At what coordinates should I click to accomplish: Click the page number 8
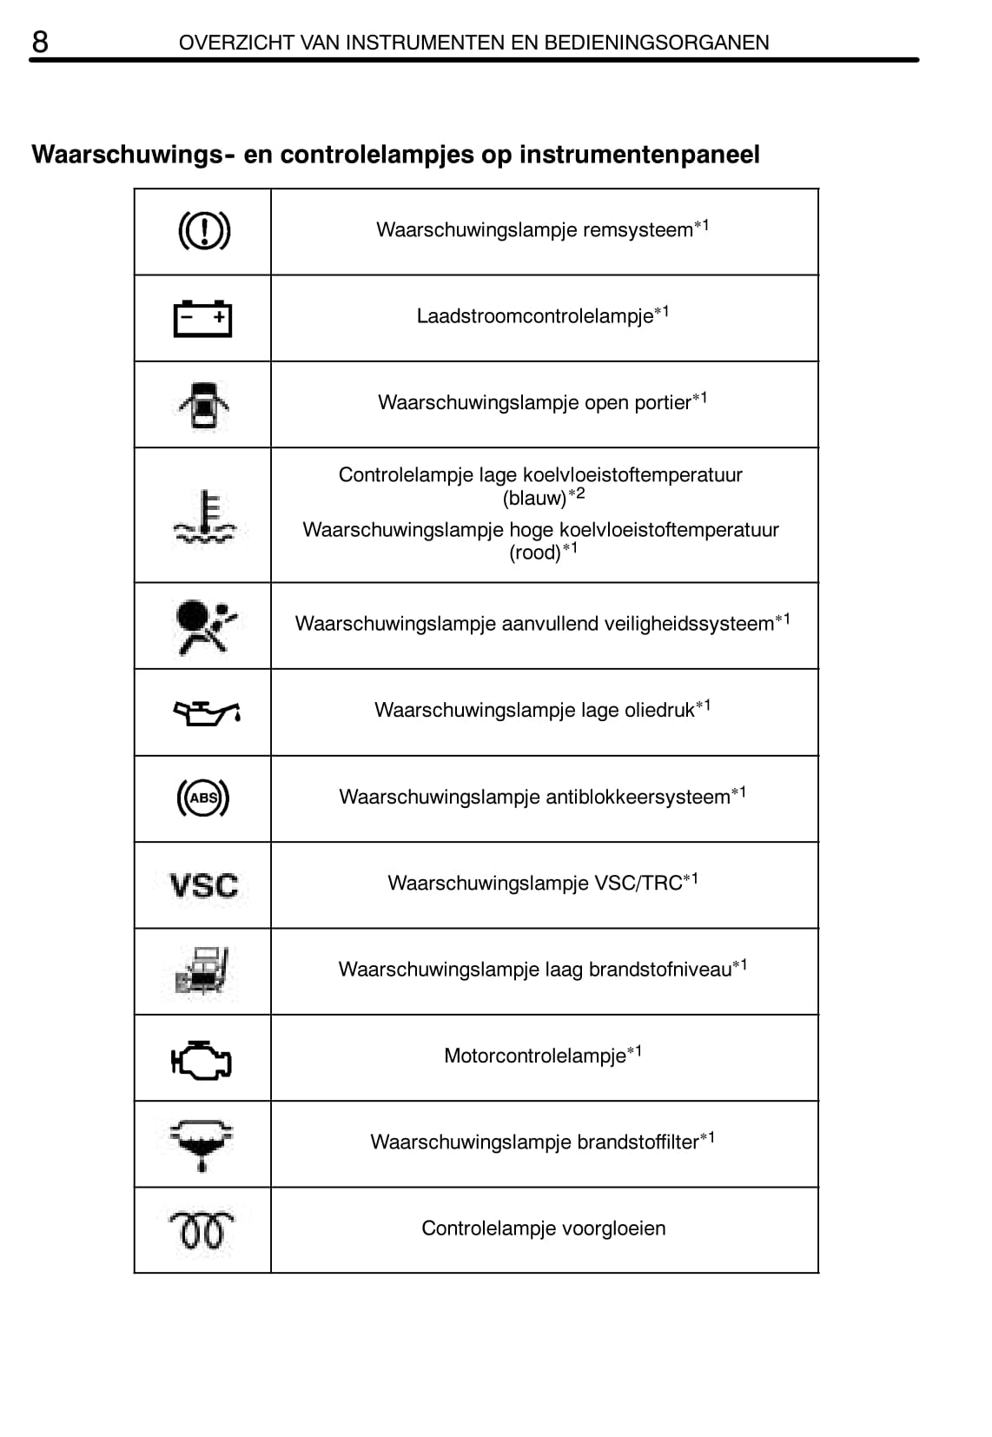coord(40,42)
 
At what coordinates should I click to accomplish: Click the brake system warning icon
coord(203,231)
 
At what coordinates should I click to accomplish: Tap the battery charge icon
coord(202,318)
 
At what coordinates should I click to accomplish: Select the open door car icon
coord(203,405)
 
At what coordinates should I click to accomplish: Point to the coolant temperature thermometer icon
coord(204,517)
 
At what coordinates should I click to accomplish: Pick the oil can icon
coord(206,712)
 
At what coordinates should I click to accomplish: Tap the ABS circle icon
coord(203,798)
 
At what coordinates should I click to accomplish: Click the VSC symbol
coord(203,886)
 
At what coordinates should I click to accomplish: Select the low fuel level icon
coord(202,971)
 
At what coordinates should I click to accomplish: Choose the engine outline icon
coord(202,1059)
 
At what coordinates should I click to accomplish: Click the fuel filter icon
coord(202,1143)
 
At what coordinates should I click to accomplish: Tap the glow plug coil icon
coord(202,1229)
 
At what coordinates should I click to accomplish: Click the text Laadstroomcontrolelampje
coord(534,316)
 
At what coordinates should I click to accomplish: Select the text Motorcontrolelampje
coord(534,1056)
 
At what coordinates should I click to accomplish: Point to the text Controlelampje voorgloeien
coord(544,1228)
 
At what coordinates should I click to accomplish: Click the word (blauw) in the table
coord(534,499)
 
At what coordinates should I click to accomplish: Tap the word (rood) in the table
coord(535,553)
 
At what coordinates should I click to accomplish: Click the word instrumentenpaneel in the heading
coord(639,155)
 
